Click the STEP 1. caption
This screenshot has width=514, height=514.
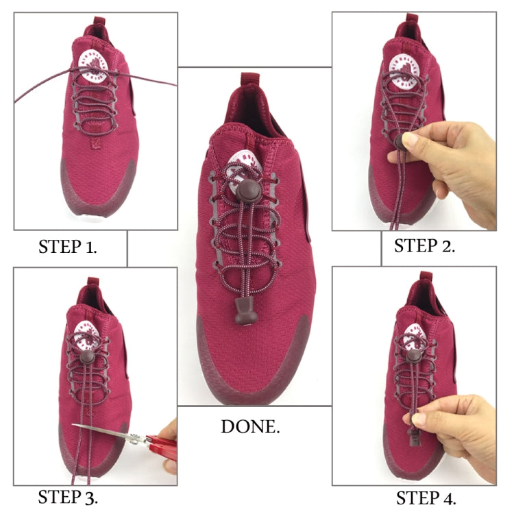tap(66, 247)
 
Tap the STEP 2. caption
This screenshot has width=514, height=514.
tap(425, 247)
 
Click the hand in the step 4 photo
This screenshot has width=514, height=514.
tap(459, 432)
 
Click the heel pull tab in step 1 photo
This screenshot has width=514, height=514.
tap(92, 31)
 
